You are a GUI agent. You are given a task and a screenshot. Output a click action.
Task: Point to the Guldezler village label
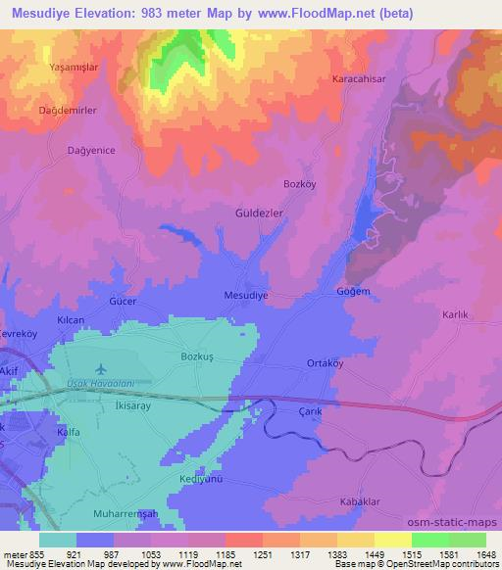[x=260, y=213]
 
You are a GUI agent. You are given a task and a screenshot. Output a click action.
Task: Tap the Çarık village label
[x=311, y=412]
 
